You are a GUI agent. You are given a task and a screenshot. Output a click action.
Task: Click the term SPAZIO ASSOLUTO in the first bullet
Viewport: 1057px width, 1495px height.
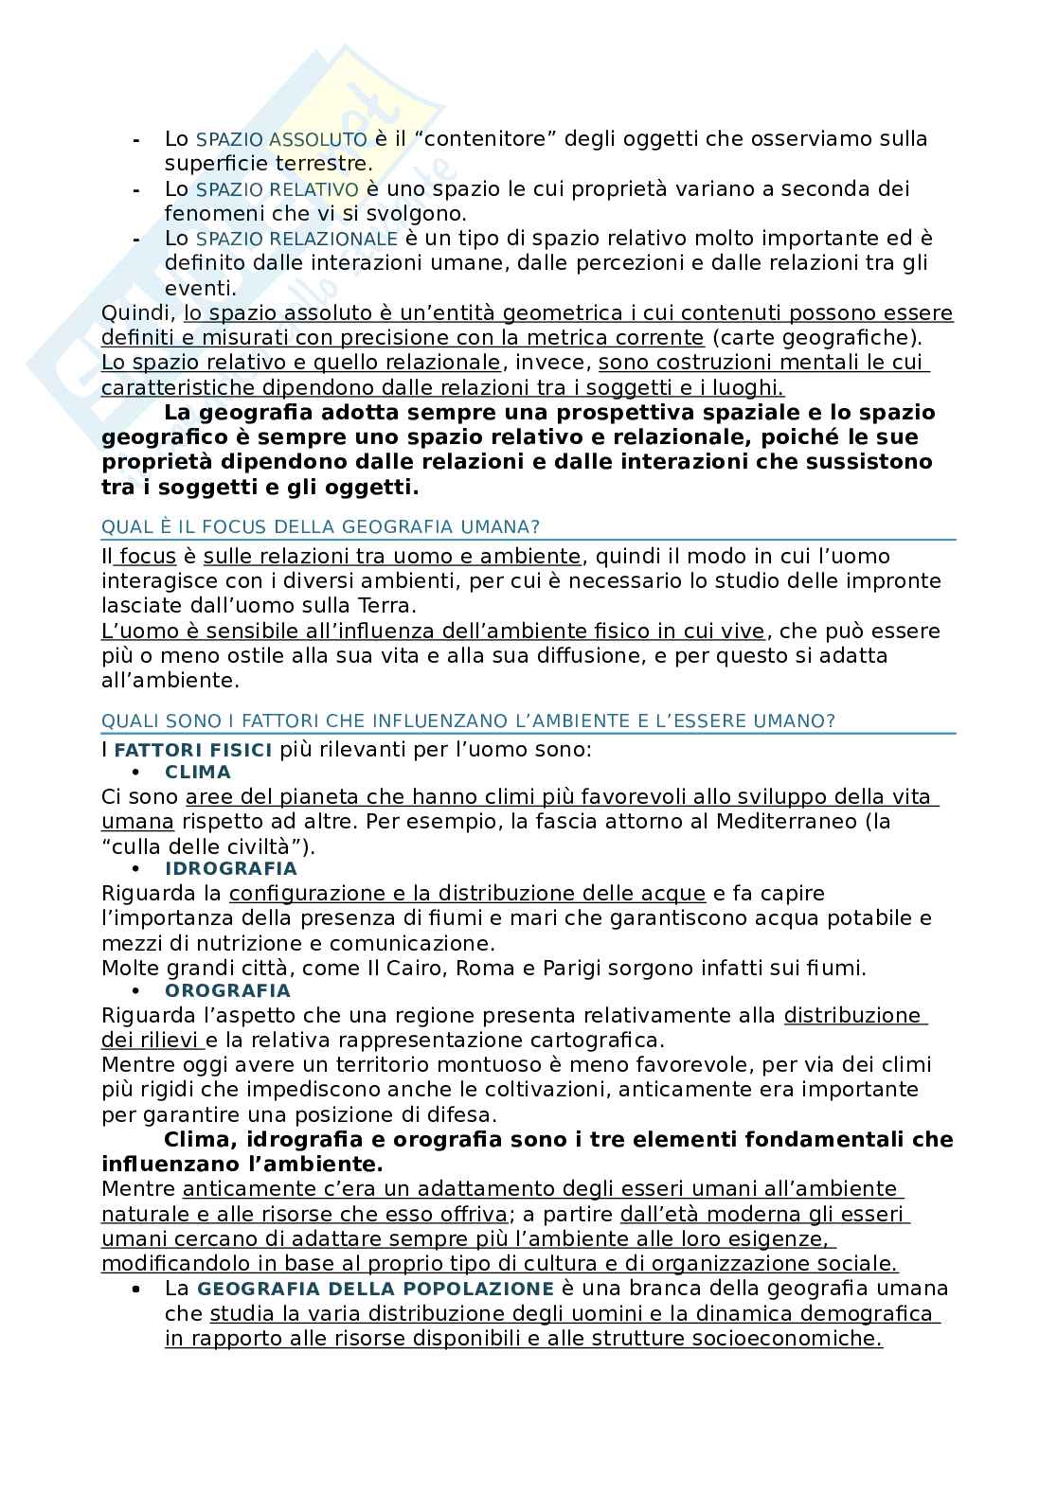281,139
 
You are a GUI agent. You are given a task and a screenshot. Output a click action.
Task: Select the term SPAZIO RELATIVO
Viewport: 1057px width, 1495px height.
278,189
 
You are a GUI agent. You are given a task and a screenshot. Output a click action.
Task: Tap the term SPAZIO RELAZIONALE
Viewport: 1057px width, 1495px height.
296,239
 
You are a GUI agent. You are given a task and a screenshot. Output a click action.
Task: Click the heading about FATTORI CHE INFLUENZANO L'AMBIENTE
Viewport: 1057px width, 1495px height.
468,721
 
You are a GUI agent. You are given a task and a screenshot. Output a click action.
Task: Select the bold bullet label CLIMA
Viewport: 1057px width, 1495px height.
198,772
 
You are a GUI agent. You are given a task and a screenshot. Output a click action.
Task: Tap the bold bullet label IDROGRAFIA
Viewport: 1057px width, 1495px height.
231,868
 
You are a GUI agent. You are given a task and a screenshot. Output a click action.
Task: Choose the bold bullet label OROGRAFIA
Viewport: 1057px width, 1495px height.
227,990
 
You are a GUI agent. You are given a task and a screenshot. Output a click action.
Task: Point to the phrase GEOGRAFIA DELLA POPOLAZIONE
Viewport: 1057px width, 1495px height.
375,1289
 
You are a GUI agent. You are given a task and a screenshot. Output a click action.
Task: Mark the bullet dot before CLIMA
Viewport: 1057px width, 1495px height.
136,773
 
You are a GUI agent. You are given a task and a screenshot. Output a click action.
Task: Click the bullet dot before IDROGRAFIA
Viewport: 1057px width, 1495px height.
136,869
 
